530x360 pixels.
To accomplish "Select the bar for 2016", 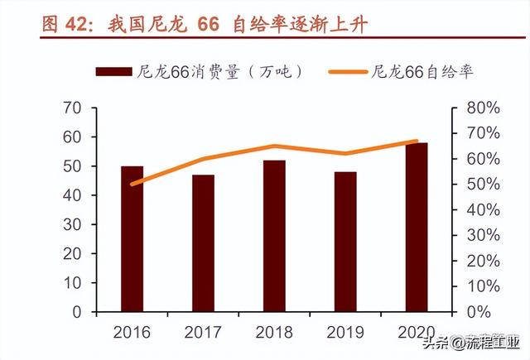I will point(132,239).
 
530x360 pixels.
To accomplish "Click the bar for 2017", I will point(203,243).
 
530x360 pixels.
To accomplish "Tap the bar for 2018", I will point(274,236).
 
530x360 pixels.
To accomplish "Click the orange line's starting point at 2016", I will point(132,184).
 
